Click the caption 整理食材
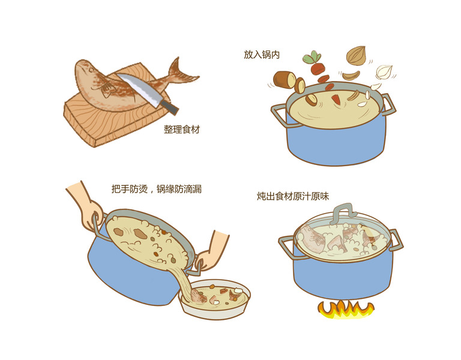point(182,130)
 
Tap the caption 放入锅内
point(262,55)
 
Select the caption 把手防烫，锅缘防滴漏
point(157,188)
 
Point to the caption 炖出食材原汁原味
point(293,196)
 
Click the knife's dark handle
point(170,107)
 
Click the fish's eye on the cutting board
point(91,70)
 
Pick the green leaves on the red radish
point(312,58)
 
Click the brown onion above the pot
point(356,56)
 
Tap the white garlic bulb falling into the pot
point(384,72)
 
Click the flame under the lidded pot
point(346,310)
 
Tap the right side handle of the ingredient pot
point(388,105)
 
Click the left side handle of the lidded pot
point(287,246)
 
